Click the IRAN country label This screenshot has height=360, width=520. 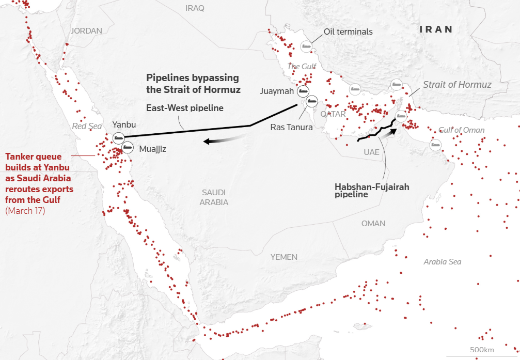(436, 29)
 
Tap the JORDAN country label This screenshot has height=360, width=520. (86, 31)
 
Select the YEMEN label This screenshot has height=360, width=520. (283, 257)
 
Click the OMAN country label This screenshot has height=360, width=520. (373, 223)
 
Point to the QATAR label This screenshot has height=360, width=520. (333, 114)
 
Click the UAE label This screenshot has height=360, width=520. (371, 152)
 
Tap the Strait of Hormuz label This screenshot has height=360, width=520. (457, 84)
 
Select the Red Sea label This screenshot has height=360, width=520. (87, 126)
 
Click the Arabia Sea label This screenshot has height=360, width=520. (442, 262)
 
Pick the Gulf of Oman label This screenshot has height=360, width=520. (461, 130)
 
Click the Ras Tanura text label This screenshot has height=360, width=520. (291, 127)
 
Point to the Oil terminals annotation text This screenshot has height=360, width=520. (348, 32)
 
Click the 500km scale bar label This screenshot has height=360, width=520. (482, 350)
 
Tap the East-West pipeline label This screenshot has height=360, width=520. (184, 108)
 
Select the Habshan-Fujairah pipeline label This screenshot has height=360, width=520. (372, 191)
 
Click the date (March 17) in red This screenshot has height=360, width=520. (25, 211)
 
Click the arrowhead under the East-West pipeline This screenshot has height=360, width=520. (207, 142)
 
